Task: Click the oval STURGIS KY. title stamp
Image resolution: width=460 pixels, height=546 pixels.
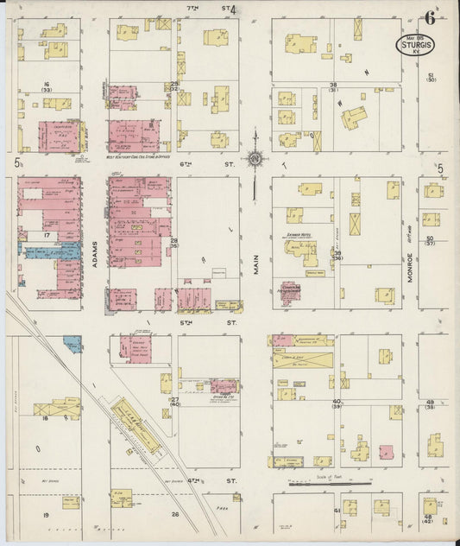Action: click(416, 45)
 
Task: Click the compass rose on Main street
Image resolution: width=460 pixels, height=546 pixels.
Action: click(255, 158)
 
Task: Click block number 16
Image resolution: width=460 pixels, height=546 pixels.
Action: click(45, 85)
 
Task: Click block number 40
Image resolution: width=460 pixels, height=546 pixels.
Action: click(337, 402)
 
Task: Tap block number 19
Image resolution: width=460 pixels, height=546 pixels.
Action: click(45, 514)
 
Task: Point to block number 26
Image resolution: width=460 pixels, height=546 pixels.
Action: click(174, 515)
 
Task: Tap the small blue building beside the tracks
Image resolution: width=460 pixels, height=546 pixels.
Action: click(73, 343)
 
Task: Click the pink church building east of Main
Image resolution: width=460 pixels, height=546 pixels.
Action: click(288, 294)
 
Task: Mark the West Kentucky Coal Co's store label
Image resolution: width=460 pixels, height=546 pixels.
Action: click(139, 157)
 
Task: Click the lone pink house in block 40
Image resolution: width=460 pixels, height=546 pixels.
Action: click(386, 452)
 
